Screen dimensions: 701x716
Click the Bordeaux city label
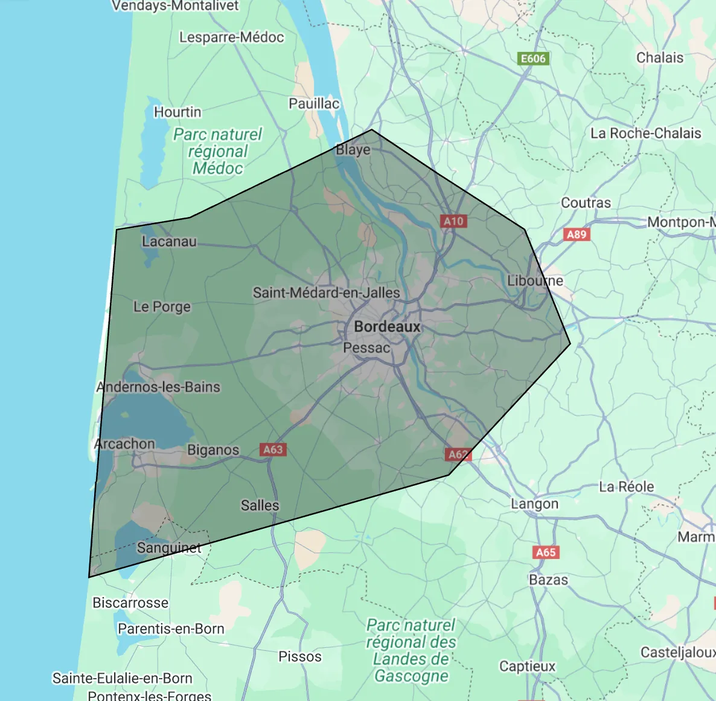click(x=387, y=327)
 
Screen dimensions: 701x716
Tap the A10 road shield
click(x=453, y=221)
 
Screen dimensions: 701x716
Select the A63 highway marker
click(x=273, y=450)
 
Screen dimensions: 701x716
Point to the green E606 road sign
click(x=534, y=59)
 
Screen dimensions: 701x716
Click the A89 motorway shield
click(x=577, y=234)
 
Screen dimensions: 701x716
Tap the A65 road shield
click(x=546, y=552)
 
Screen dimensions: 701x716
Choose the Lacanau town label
click(x=169, y=242)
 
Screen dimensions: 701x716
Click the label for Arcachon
click(x=125, y=444)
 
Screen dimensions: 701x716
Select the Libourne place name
click(x=535, y=281)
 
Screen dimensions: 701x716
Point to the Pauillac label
click(x=314, y=104)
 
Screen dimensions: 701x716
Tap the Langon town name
click(x=534, y=504)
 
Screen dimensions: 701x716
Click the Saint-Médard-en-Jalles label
click(x=326, y=293)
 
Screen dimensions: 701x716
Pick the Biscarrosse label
click(x=130, y=603)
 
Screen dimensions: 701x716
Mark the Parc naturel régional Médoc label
click(x=218, y=151)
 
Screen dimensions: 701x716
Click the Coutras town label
click(x=586, y=203)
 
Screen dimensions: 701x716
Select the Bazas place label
click(x=548, y=580)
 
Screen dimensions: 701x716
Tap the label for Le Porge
click(x=162, y=307)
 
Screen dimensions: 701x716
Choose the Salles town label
click(x=260, y=505)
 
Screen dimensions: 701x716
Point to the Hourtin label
click(x=177, y=112)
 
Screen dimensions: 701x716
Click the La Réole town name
click(x=626, y=487)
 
